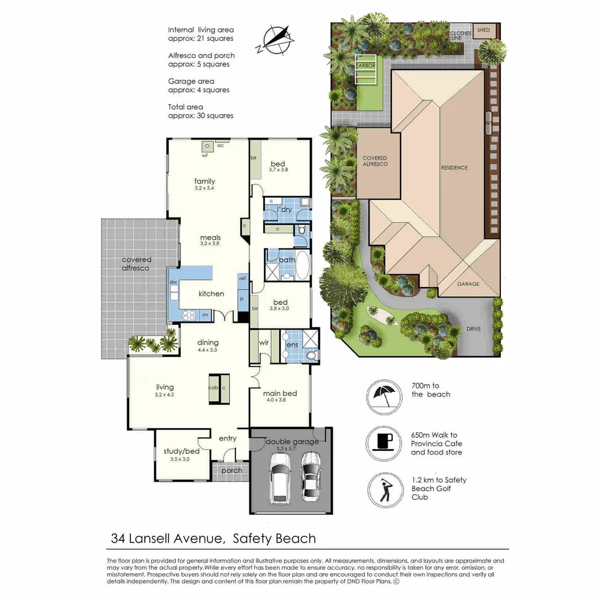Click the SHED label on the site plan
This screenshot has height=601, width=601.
pos(484,30)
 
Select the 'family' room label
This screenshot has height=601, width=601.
pos(204,181)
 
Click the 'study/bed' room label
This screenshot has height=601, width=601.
pos(176,451)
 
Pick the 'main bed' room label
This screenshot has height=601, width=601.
pos(281,393)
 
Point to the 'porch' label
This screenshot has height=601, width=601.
pos(231,470)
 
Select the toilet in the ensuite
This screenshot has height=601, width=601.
pos(312,355)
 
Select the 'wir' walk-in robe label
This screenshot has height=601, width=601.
pos(263,343)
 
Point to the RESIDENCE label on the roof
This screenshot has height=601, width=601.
pos(454,168)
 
